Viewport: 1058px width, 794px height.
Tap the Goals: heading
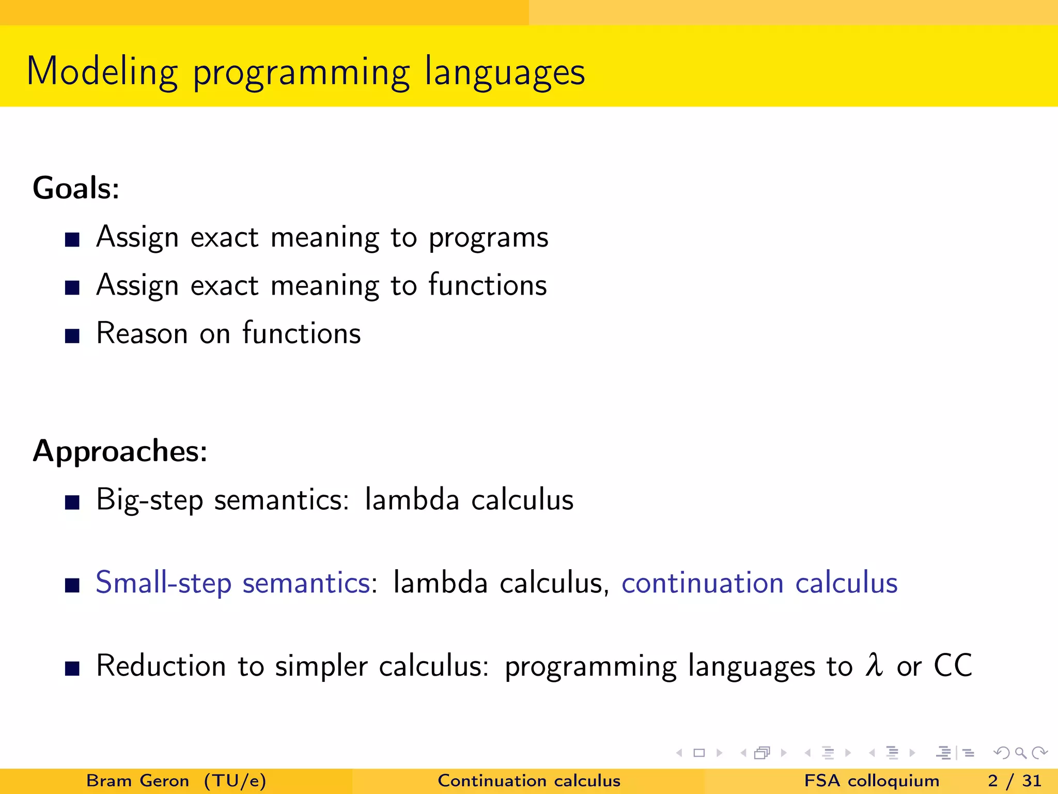click(x=76, y=188)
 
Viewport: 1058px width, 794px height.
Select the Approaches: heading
click(x=120, y=451)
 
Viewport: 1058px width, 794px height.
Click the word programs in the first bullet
click(x=488, y=238)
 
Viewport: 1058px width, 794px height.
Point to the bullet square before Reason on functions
click(x=72, y=336)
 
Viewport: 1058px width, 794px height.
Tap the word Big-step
click(x=149, y=500)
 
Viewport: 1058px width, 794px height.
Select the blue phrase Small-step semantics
click(x=233, y=583)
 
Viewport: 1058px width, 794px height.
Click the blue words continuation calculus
click(x=759, y=583)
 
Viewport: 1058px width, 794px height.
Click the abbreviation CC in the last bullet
click(x=953, y=665)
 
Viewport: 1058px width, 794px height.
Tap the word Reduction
click(x=161, y=666)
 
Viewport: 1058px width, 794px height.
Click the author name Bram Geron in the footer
click(x=137, y=781)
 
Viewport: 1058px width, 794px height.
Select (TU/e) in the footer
click(x=235, y=781)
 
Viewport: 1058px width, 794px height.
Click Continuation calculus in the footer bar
click(x=529, y=781)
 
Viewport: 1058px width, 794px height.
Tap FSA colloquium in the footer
click(x=872, y=781)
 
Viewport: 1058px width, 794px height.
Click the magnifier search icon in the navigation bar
click(x=1020, y=753)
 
